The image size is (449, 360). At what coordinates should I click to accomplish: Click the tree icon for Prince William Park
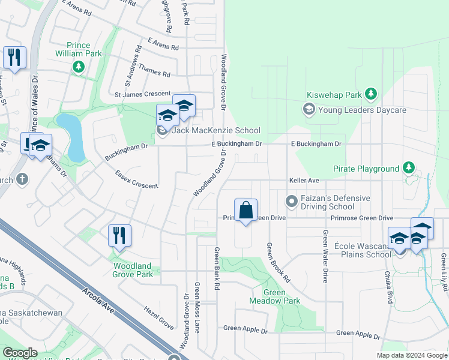78,67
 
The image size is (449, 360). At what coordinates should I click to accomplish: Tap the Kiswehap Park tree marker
371,94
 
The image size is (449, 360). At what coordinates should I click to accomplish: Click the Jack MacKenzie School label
216,130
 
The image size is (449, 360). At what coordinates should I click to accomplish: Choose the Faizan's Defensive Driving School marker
291,200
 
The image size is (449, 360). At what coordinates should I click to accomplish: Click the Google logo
20,353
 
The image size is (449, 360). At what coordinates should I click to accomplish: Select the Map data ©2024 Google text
411,355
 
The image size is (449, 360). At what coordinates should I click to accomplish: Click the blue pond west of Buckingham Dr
71,136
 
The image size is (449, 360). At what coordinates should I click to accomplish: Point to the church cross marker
22,179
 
